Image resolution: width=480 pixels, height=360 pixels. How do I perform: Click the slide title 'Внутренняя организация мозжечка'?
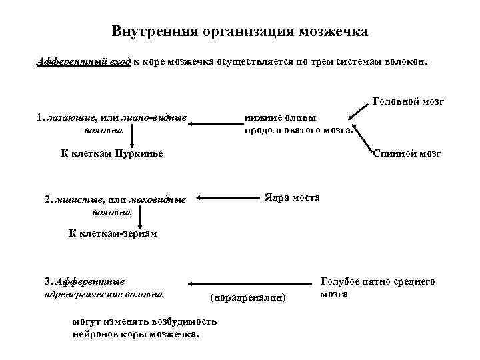click(x=240, y=31)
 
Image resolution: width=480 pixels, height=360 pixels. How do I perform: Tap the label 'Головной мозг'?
click(x=408, y=101)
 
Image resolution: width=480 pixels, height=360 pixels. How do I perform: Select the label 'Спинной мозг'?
click(x=407, y=153)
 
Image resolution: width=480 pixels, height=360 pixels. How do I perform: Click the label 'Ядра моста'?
click(x=292, y=197)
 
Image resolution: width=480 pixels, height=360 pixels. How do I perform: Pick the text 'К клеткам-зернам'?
click(x=113, y=233)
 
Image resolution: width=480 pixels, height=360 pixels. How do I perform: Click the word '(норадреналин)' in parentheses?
click(x=247, y=295)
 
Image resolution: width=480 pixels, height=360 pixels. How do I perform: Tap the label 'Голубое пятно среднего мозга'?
click(x=377, y=287)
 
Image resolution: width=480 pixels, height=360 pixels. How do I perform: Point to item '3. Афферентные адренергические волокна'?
click(x=103, y=287)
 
